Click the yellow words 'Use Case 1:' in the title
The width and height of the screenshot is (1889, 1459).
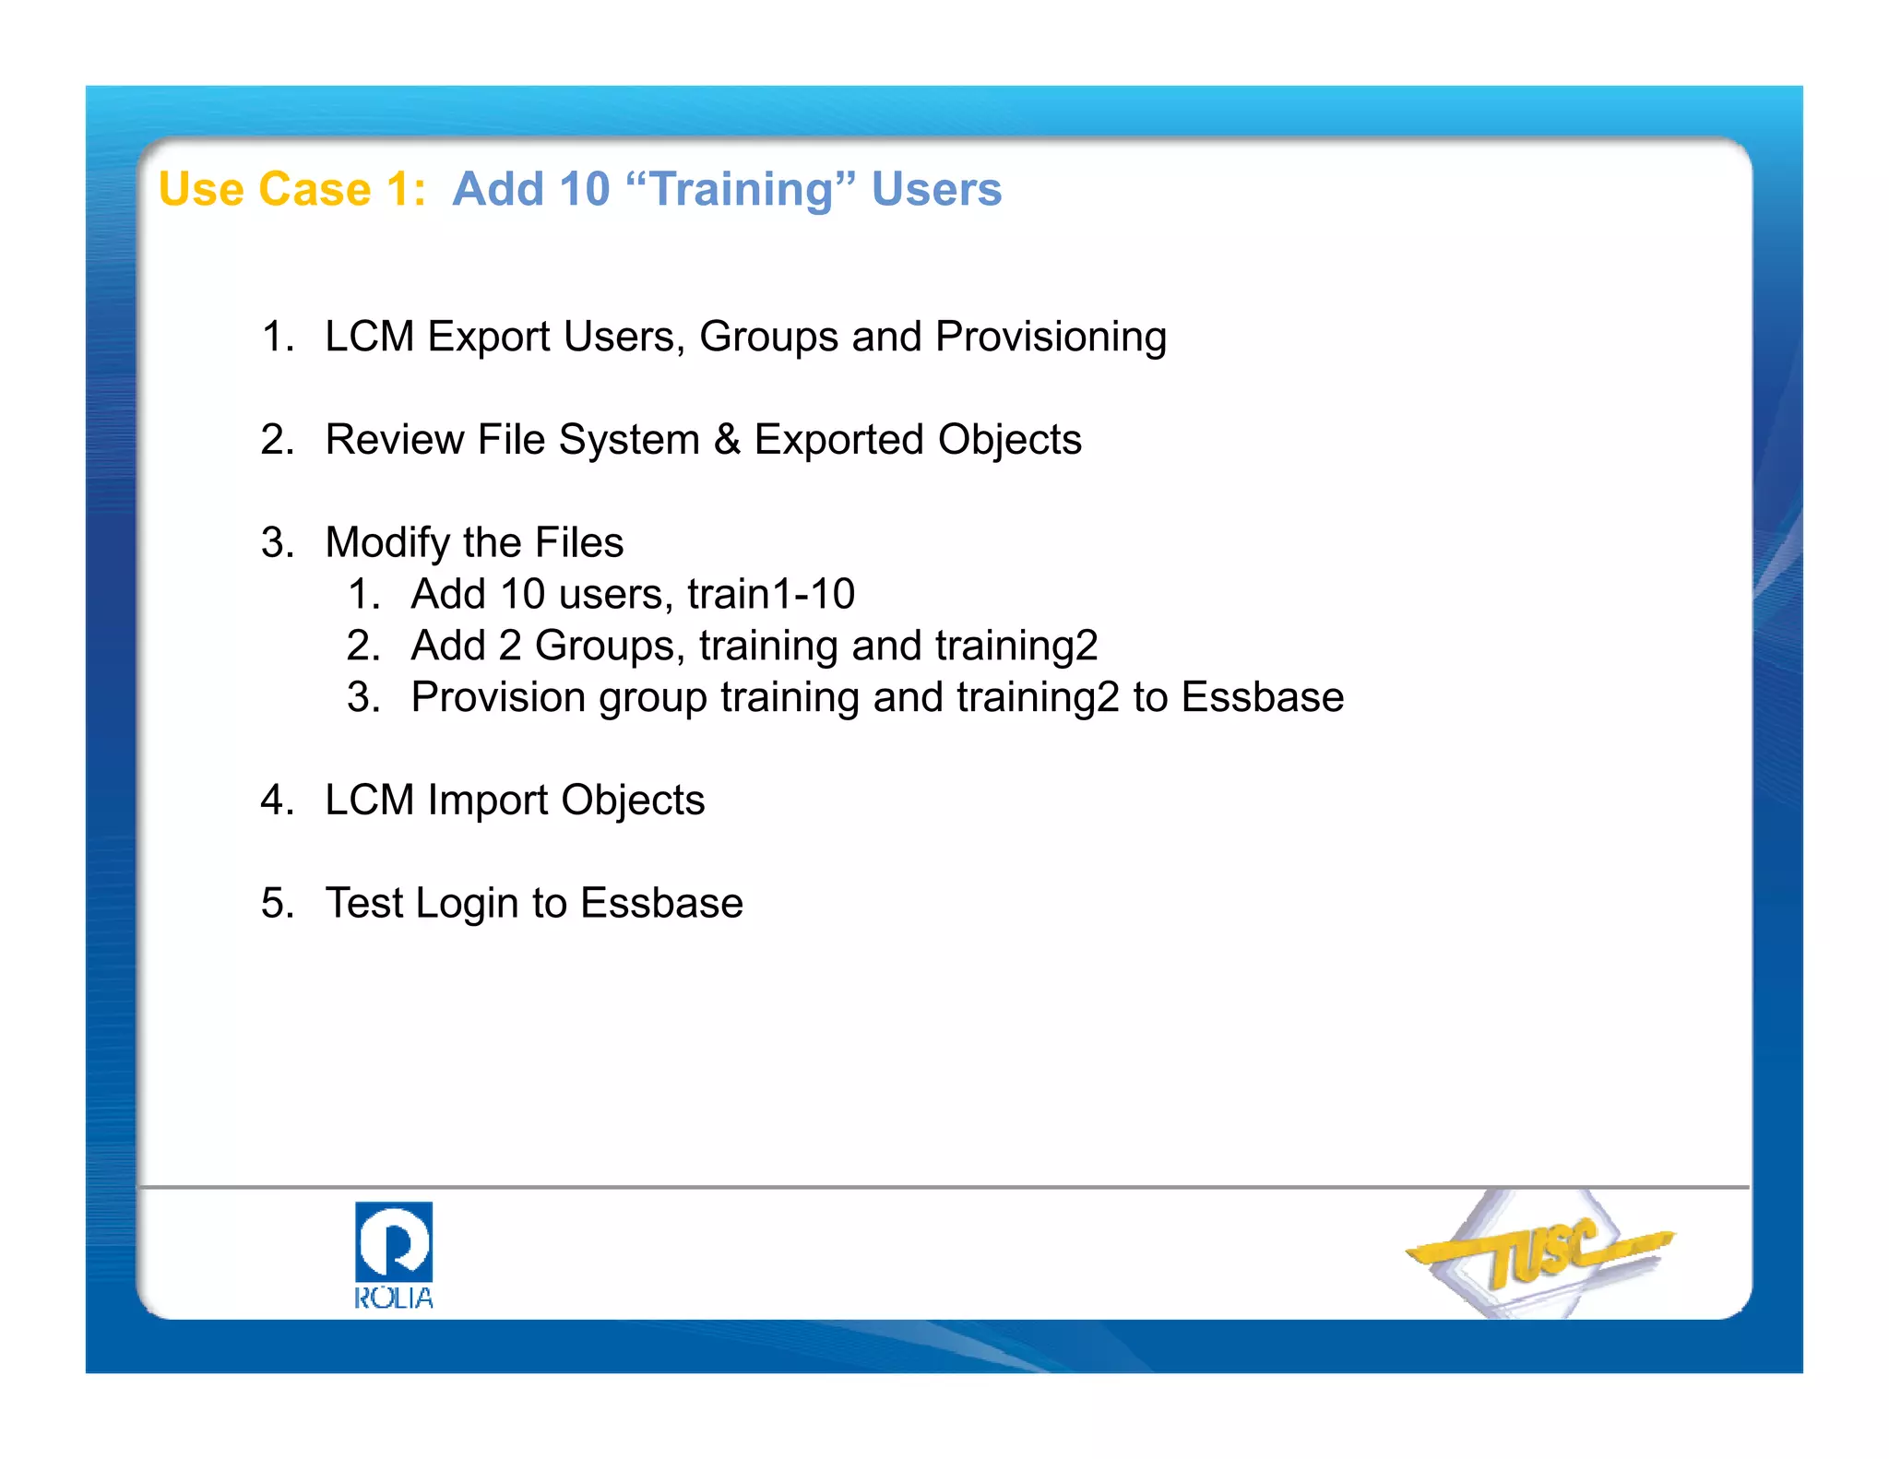pyautogui.click(x=292, y=190)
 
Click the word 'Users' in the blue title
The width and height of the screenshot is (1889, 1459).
pyautogui.click(x=936, y=190)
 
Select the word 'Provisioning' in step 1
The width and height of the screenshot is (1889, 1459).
pyautogui.click(x=1051, y=338)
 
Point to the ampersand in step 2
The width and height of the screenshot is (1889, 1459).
pyautogui.click(x=727, y=440)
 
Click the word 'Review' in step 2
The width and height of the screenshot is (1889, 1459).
pyautogui.click(x=395, y=440)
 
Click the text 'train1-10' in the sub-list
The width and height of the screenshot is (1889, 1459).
pyautogui.click(x=771, y=594)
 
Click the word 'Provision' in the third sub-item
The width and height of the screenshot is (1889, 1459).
pyautogui.click(x=498, y=698)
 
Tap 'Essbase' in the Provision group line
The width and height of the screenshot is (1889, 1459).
pyautogui.click(x=1262, y=697)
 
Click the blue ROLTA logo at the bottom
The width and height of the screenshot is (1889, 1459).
pyautogui.click(x=394, y=1254)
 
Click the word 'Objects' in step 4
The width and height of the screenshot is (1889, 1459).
pyautogui.click(x=633, y=801)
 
